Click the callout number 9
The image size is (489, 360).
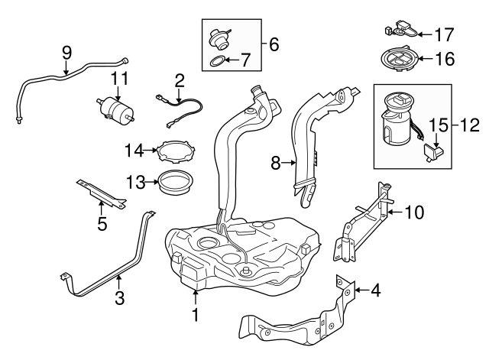tap(66, 52)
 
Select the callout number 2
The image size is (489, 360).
tap(180, 79)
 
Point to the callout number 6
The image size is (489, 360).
tap(274, 44)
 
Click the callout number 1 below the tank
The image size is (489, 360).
tap(196, 313)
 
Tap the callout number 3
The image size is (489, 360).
tap(119, 298)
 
